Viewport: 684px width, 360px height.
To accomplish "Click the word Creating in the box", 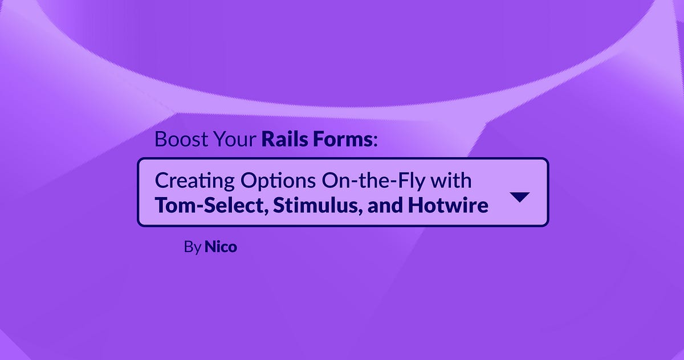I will (x=186, y=181).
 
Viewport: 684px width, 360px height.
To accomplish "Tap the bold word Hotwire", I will (x=448, y=205).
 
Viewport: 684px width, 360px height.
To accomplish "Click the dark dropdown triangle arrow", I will (x=519, y=197).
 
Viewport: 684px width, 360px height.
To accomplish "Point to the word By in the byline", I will (x=192, y=248).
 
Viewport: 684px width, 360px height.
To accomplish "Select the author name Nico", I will (x=221, y=248).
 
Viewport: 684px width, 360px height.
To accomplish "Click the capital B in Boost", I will (x=160, y=140).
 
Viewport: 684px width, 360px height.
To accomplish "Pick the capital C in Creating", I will (x=161, y=181).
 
